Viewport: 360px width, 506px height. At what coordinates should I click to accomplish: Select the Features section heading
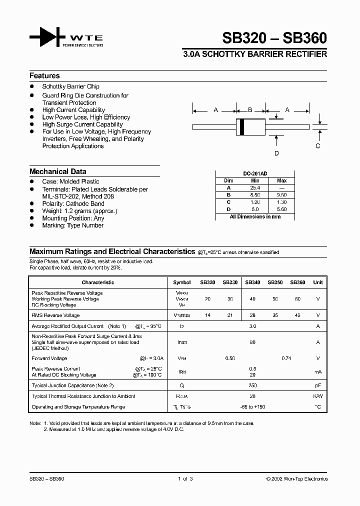(x=44, y=76)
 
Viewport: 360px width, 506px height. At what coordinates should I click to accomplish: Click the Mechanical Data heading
(x=57, y=171)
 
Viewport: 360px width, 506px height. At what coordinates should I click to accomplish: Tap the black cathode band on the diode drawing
(x=242, y=126)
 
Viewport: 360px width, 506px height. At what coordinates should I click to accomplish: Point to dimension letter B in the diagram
(x=250, y=109)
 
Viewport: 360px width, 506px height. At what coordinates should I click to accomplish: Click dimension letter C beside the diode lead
(x=317, y=146)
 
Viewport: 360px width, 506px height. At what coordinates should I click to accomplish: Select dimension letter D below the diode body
(x=276, y=153)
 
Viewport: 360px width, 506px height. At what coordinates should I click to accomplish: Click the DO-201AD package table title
(x=254, y=173)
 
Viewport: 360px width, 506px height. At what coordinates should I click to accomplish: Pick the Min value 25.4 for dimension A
(x=255, y=188)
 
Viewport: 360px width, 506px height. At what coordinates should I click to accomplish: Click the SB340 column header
(x=252, y=282)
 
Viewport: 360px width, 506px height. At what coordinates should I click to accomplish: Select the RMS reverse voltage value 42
(x=297, y=315)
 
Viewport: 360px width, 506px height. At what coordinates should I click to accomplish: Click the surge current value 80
(x=252, y=342)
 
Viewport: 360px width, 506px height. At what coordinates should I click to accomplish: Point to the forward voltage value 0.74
(x=286, y=358)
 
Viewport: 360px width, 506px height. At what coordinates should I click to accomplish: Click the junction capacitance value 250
(x=252, y=385)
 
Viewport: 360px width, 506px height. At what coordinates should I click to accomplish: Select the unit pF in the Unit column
(x=317, y=385)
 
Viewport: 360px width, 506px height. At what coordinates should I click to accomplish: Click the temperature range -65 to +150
(x=252, y=407)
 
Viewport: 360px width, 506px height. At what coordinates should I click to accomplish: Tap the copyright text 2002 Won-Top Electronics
(x=297, y=479)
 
